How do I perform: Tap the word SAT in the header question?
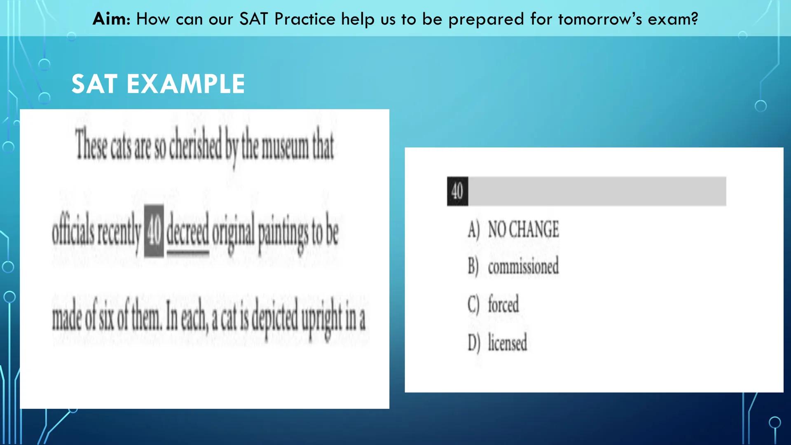[254, 19]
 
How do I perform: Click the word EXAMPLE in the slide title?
[185, 84]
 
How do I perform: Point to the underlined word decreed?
[187, 233]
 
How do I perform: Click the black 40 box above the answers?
[457, 192]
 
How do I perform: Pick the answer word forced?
[503, 305]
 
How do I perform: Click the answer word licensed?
[507, 343]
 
